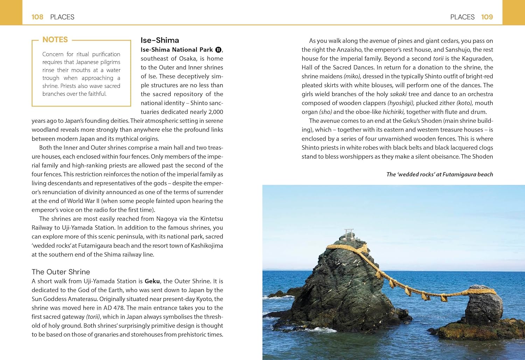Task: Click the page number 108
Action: pos(37,17)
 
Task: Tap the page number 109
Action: pos(487,17)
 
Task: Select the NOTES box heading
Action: pos(55,40)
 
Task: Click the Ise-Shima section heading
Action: pos(160,40)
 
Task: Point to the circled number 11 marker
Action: pos(218,50)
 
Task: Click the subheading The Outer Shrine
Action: pos(61,272)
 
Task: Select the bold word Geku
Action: pos(152,281)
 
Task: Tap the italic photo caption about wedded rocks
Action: pos(439,174)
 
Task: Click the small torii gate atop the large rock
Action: pos(349,233)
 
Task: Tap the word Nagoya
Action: pos(166,219)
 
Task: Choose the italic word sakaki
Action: pos(398,94)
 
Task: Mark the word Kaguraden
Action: pos(477,58)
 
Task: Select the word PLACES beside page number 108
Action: pos(62,17)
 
